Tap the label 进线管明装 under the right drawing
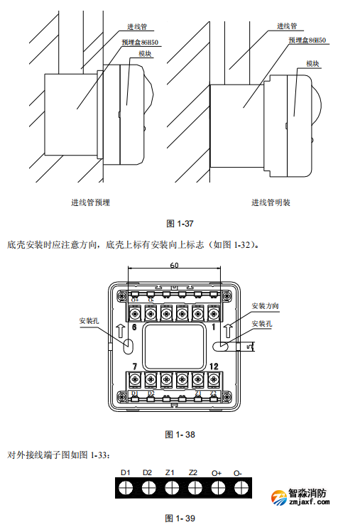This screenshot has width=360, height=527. pos(271,202)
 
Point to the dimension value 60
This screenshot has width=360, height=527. pos(174,265)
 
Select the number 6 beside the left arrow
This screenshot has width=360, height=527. pos(133,328)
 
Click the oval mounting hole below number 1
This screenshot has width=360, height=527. pos(220,347)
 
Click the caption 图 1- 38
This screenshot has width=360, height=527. pos(180,434)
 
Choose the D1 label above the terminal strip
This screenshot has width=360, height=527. pos(126,472)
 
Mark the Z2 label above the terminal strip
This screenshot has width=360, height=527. pos(192,472)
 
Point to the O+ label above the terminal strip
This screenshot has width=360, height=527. pos(216,472)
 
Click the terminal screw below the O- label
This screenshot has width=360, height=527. pos(238,488)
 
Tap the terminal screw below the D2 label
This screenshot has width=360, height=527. pos(148,488)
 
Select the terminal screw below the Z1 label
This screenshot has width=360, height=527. pos(171,488)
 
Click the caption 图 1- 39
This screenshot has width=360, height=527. pos(180,518)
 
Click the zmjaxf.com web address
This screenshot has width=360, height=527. pos(311,504)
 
